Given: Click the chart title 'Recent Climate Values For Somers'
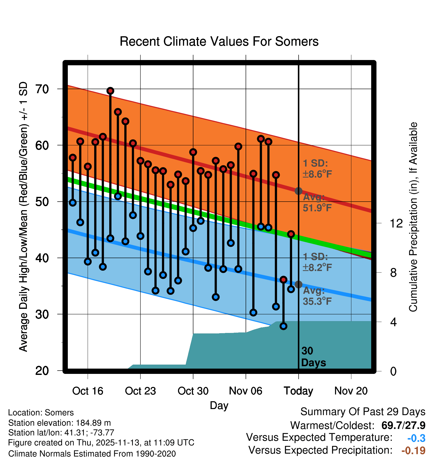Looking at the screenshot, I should (x=219, y=41).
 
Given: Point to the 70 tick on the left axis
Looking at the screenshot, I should (x=42, y=89).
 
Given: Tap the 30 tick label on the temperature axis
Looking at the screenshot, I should (x=42, y=314).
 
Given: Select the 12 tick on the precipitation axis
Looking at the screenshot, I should (x=396, y=223).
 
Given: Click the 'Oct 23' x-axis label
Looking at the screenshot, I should (x=140, y=391).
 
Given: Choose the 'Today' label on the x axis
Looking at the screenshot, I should (x=298, y=391).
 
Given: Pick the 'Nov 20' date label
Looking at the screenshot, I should (x=351, y=391).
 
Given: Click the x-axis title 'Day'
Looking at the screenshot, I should (x=219, y=406).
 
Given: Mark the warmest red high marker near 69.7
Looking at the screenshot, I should (x=110, y=91).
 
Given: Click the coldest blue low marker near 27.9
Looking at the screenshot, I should (x=284, y=326).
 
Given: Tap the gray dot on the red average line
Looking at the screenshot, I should (x=298, y=191).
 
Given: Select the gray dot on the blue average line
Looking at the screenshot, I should (x=298, y=284).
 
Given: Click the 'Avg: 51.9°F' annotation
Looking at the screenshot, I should (x=317, y=203).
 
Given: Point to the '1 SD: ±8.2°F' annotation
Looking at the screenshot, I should (x=317, y=262).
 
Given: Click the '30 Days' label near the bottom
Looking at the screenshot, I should (x=313, y=357).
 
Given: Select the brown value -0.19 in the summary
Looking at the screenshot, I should (x=413, y=451).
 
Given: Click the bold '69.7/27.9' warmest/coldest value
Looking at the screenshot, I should (x=403, y=426).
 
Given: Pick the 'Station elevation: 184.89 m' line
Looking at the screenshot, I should (x=60, y=423).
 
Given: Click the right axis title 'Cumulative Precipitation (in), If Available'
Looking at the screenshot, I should (x=413, y=217).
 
